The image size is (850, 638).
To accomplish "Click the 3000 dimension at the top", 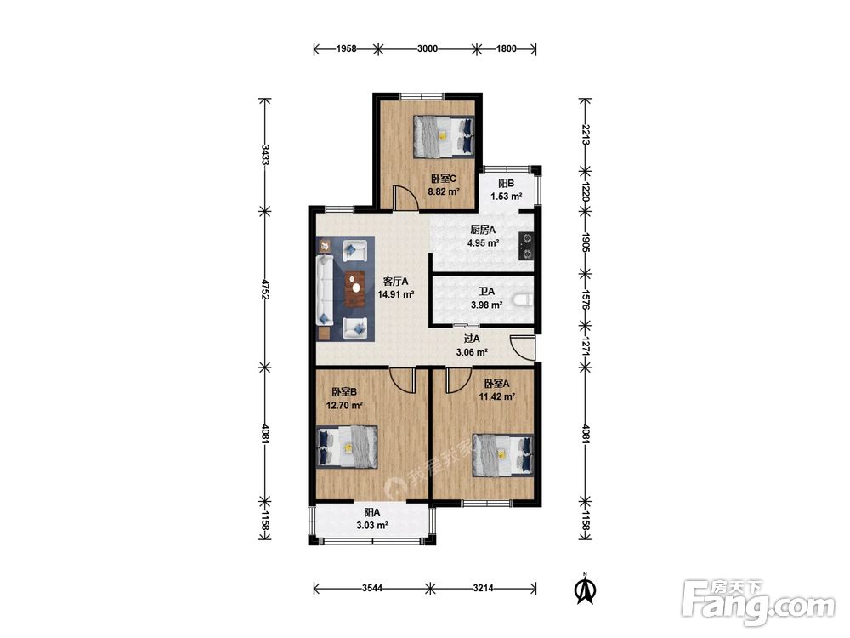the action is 428,48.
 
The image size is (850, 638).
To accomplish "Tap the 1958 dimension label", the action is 347,48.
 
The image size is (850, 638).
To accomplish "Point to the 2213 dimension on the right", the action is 585,134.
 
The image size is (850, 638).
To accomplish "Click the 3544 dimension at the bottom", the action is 372,588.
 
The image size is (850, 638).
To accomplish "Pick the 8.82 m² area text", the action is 444,191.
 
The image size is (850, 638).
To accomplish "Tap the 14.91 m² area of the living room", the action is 396,294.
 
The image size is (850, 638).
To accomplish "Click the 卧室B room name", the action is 344,391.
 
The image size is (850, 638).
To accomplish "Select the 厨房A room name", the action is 483,230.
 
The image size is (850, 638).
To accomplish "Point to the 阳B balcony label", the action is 507,184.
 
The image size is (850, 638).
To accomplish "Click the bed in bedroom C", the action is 444,136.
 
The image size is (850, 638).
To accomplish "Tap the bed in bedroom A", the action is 503,454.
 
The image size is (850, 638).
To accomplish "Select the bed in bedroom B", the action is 347,447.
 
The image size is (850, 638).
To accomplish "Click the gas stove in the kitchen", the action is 526,245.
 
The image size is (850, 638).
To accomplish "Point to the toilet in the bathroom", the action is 523,300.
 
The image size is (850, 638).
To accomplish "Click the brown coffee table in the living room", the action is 355,289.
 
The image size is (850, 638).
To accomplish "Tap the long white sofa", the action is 325,290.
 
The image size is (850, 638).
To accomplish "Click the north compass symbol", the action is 586,590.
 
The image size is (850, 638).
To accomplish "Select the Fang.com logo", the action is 759,602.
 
